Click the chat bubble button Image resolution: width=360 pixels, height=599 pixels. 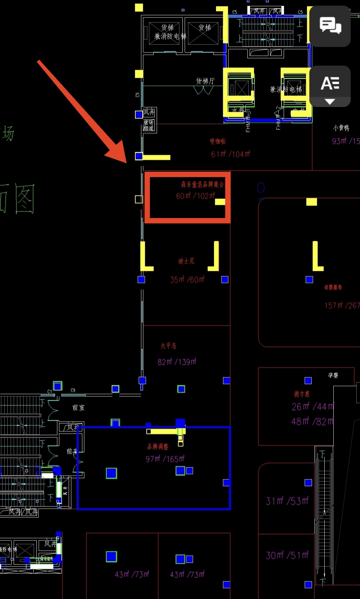[330, 26]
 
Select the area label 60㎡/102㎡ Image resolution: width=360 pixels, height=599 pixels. [196, 196]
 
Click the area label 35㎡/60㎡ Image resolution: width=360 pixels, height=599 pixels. [187, 279]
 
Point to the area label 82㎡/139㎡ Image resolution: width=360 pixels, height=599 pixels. [177, 362]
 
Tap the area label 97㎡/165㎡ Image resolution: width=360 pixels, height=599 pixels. [165, 459]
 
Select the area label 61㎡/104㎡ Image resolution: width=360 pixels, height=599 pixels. [231, 154]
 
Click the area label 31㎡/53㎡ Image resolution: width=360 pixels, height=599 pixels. [287, 501]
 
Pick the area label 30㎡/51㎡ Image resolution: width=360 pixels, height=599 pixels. [287, 555]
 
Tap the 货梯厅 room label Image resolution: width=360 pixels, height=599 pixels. [205, 81]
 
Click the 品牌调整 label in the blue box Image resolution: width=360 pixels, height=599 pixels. [158, 447]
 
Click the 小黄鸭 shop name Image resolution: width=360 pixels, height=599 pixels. [341, 128]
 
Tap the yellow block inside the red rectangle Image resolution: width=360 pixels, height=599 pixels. [220, 202]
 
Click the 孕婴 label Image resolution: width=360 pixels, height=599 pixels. [333, 376]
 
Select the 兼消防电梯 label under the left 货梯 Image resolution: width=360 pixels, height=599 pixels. [170, 36]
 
